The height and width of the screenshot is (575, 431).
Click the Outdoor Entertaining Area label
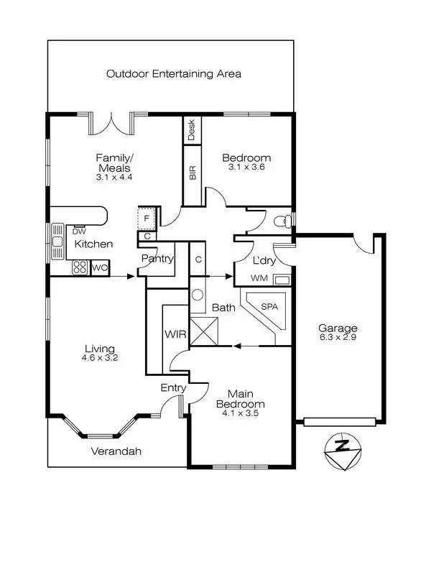point(173,73)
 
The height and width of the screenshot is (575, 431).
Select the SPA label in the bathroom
point(269,306)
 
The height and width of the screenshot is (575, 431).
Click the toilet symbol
point(286,219)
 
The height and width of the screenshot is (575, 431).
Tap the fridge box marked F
point(147,218)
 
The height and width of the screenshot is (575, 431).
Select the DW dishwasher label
point(79,231)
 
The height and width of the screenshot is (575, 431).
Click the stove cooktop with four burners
point(80,268)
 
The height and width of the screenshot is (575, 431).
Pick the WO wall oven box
point(98,268)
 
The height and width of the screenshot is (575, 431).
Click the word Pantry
point(157,259)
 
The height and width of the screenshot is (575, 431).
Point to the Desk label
point(192,129)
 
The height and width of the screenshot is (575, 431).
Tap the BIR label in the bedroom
point(192,172)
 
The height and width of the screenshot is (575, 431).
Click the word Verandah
point(116,452)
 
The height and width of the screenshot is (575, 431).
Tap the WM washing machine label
point(259,278)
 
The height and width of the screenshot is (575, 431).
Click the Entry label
point(173,388)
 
